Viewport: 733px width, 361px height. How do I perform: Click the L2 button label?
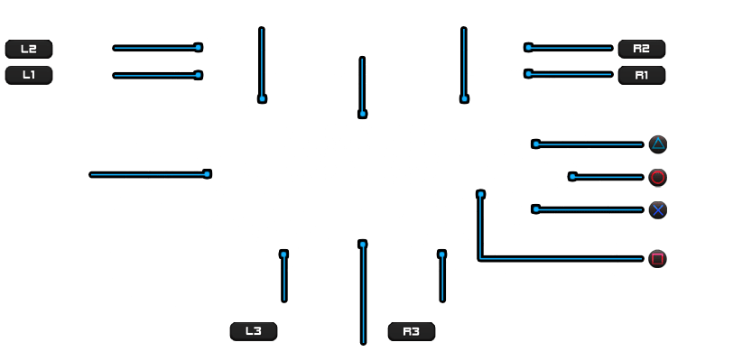click(29, 49)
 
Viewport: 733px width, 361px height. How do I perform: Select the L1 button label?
click(29, 75)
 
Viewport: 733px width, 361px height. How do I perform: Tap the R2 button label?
click(641, 49)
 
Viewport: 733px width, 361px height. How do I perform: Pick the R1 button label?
click(641, 75)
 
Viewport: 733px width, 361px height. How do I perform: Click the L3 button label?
click(254, 331)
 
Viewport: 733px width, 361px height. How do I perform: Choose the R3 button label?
click(412, 331)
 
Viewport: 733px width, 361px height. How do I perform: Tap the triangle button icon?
click(658, 144)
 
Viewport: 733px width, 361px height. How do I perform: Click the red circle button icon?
click(658, 178)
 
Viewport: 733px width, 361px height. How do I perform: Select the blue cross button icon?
click(658, 210)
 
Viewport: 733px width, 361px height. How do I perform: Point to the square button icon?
click(657, 259)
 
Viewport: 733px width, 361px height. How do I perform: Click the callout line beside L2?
click(158, 48)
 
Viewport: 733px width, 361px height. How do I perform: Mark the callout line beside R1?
click(569, 74)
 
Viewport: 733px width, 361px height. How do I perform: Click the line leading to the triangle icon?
click(588, 144)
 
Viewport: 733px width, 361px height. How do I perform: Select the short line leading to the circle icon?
click(606, 177)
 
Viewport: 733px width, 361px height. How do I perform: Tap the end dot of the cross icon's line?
click(535, 209)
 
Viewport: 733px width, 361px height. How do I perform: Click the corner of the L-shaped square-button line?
click(480, 259)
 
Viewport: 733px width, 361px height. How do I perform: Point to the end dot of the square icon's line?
click(480, 194)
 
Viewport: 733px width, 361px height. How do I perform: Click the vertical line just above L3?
click(283, 276)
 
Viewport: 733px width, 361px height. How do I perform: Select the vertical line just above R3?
click(442, 276)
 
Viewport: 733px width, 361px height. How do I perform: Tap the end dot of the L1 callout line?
click(199, 75)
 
